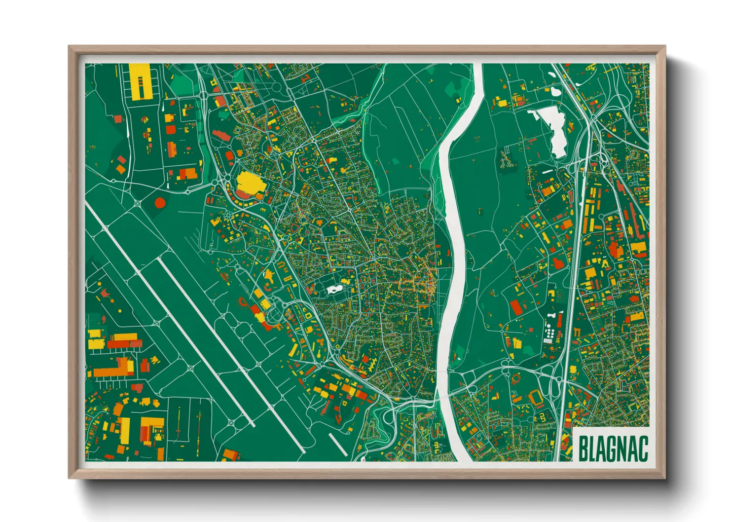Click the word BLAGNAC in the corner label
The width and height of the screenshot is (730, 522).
pos(613,448)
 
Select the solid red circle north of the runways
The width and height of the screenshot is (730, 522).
pos(159,202)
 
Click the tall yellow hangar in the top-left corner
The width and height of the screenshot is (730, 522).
pos(139,81)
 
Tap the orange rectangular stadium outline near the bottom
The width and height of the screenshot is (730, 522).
pos(536,397)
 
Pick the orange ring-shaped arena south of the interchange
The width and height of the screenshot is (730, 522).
pos(516,378)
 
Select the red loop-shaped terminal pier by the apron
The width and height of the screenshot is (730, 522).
pos(243,302)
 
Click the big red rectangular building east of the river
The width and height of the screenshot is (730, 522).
pos(516,307)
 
